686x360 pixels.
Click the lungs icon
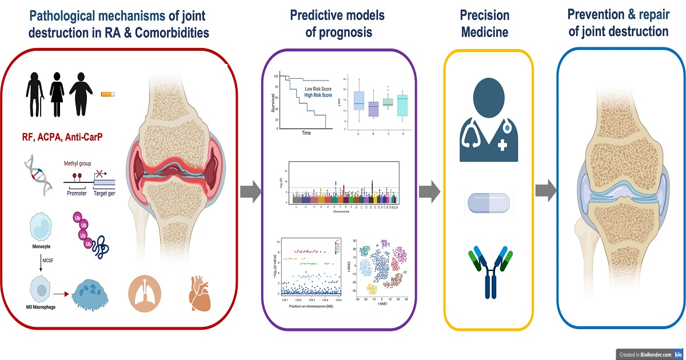coord(143,293)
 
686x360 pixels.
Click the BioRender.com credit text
coord(645,354)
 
